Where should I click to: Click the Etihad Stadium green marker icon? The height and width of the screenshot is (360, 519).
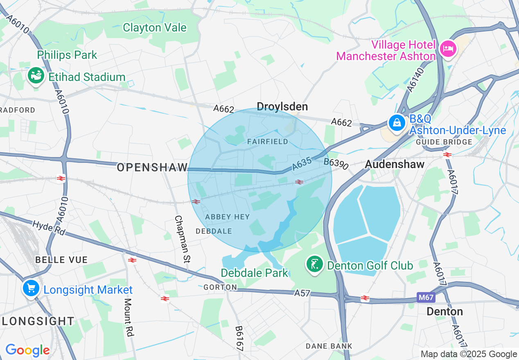coord(36,76)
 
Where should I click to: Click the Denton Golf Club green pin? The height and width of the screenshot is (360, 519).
coord(314,265)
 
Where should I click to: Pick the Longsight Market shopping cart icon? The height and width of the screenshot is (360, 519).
coord(31,289)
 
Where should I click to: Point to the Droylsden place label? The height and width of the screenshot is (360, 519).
coord(282,107)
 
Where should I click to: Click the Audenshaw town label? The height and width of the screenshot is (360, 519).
coord(395,164)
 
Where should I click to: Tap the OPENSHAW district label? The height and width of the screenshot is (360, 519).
coord(152,167)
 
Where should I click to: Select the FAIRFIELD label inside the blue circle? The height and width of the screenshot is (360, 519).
coord(268,142)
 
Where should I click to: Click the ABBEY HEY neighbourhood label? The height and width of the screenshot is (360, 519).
coord(227,217)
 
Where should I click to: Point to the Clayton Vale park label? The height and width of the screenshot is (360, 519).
coord(155,28)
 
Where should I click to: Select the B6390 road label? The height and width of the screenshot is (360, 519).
coord(336,163)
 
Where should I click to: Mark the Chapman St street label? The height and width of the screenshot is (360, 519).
coord(183,239)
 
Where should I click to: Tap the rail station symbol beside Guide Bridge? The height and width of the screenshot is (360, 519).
coord(447,154)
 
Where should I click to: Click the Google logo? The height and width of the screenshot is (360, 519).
coord(27,350)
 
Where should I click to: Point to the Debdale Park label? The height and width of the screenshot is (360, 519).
coord(254,273)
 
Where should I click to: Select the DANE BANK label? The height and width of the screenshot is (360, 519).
coord(329,346)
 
